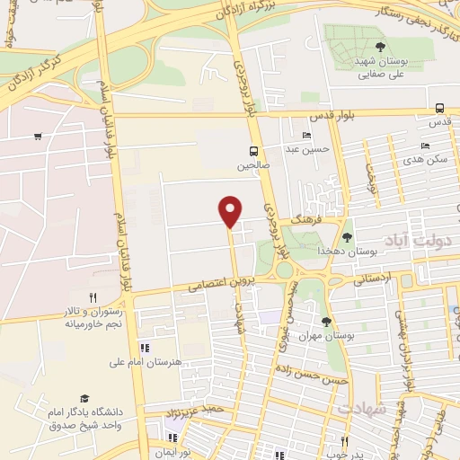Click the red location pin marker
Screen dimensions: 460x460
[231, 210]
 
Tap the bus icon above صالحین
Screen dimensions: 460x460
[255, 151]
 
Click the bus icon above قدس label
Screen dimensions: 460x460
[439, 106]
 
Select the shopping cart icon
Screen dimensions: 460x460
[37, 137]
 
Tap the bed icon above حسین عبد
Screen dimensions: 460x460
[307, 135]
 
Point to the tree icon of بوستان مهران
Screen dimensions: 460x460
[326, 322]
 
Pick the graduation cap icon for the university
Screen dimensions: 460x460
[84, 398]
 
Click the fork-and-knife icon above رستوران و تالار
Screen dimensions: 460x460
[93, 296]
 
